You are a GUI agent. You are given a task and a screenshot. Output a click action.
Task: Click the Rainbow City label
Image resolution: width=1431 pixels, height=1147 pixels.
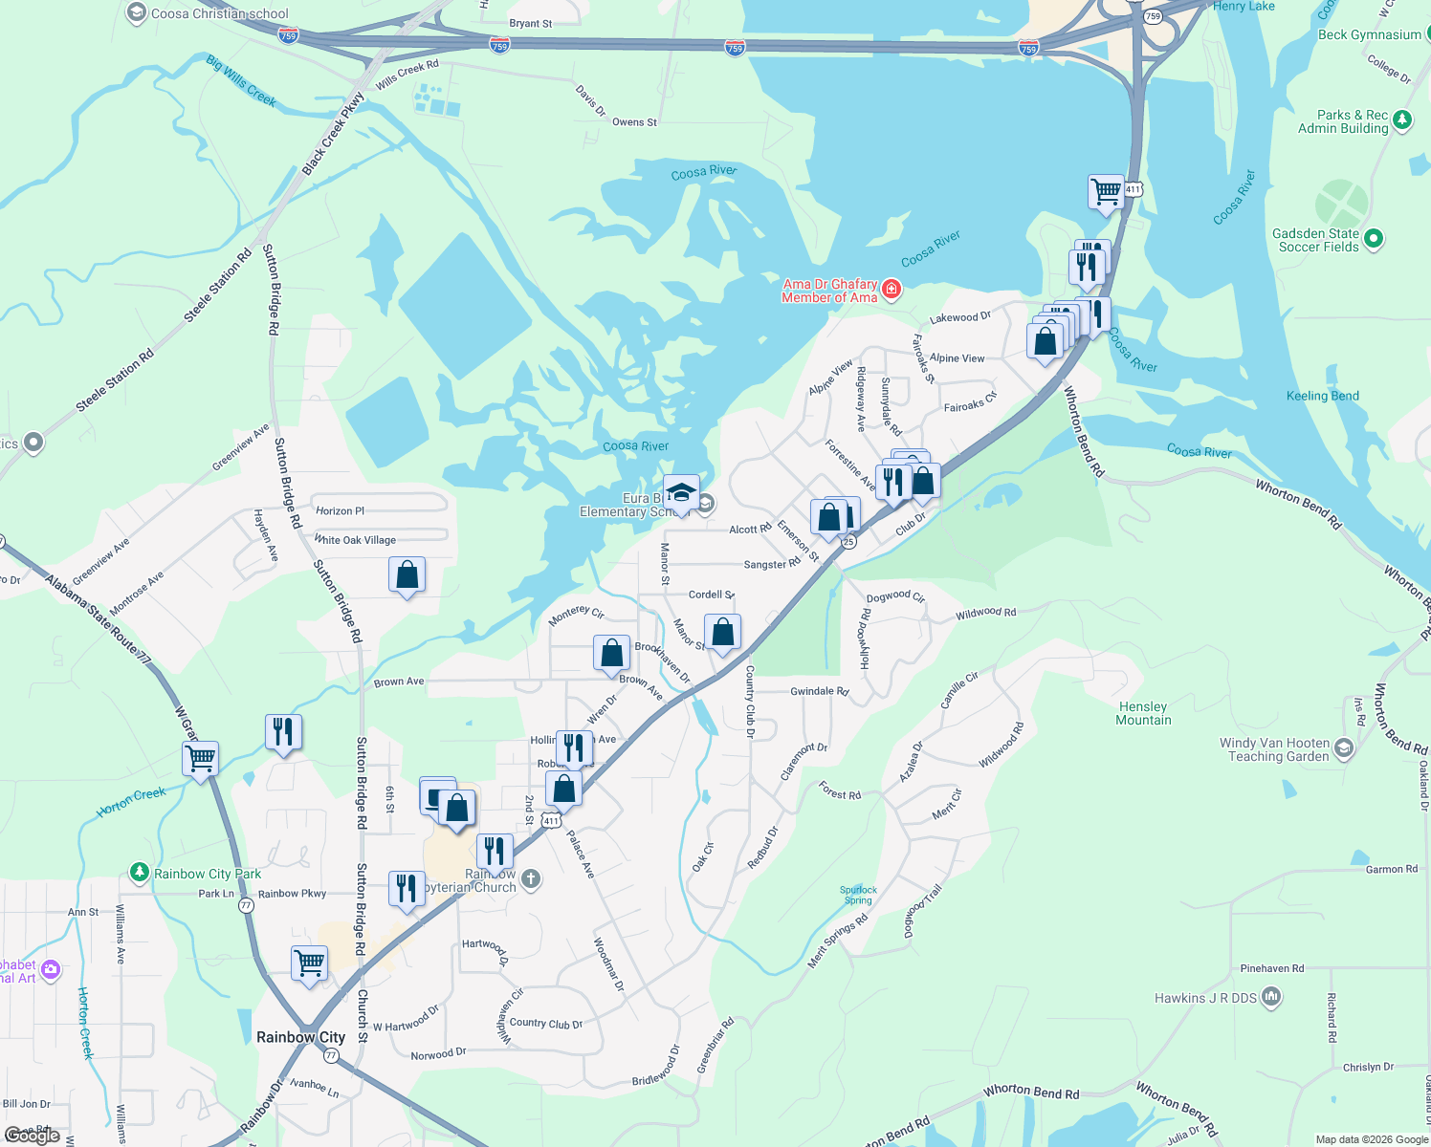(x=300, y=1037)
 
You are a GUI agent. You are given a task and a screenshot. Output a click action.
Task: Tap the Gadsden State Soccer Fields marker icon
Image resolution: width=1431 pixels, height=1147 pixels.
(x=1374, y=239)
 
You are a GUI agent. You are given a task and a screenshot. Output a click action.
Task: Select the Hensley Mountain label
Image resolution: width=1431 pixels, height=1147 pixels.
(x=1143, y=713)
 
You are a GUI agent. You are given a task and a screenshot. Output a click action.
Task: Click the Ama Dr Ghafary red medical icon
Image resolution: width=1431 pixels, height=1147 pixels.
(x=891, y=289)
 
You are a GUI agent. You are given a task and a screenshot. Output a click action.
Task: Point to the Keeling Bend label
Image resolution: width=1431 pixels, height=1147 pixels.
(x=1322, y=396)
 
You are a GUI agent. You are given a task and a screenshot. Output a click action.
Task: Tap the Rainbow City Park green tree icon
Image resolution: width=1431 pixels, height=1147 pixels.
(x=139, y=873)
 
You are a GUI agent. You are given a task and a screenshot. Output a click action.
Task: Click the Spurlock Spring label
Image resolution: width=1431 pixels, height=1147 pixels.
(x=858, y=895)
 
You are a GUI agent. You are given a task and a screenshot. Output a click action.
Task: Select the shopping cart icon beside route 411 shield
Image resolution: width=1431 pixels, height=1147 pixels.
(x=1106, y=191)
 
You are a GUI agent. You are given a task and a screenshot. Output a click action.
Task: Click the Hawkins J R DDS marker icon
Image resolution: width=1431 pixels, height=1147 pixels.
(x=1270, y=998)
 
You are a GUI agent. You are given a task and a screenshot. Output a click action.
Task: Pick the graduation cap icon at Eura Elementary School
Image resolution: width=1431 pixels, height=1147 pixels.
(x=681, y=493)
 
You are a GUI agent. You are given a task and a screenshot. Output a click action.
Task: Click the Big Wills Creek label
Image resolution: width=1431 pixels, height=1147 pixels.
(x=241, y=80)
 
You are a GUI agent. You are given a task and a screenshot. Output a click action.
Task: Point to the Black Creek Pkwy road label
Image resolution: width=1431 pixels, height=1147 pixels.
(x=333, y=133)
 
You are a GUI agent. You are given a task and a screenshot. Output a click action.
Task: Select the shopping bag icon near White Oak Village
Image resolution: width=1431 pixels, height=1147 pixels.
(x=407, y=575)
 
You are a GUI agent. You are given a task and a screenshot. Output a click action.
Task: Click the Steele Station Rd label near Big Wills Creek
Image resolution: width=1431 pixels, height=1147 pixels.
(x=218, y=284)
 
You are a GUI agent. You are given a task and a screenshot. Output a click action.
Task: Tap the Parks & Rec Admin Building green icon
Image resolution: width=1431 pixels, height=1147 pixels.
(x=1401, y=120)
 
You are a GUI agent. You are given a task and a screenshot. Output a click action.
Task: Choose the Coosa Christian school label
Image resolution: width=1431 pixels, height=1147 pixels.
(x=219, y=13)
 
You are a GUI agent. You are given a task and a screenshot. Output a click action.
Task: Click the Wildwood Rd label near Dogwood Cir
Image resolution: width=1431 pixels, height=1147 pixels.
(x=985, y=613)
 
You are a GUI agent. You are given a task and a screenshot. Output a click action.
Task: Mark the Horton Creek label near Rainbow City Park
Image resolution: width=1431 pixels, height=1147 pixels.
(x=131, y=801)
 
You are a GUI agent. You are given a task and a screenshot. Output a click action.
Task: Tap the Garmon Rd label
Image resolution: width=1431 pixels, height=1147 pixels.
(x=1391, y=869)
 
